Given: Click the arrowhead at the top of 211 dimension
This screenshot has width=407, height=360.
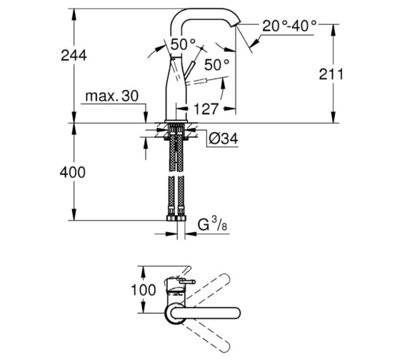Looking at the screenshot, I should (333, 26).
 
